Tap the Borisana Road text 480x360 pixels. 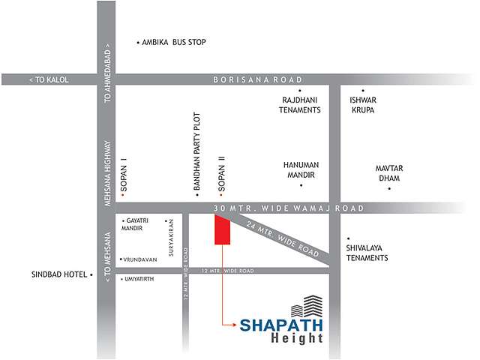point(257,79)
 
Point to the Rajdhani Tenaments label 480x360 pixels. point(301,104)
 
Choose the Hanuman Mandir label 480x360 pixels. point(301,169)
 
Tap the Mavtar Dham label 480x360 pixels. point(389,173)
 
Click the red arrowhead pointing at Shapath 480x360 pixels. point(234,324)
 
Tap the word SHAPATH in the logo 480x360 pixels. point(281,325)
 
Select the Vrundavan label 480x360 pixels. point(140,259)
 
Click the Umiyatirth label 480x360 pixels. point(140,279)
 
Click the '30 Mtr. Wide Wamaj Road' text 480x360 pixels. point(288,208)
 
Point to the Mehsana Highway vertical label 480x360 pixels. point(109,173)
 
